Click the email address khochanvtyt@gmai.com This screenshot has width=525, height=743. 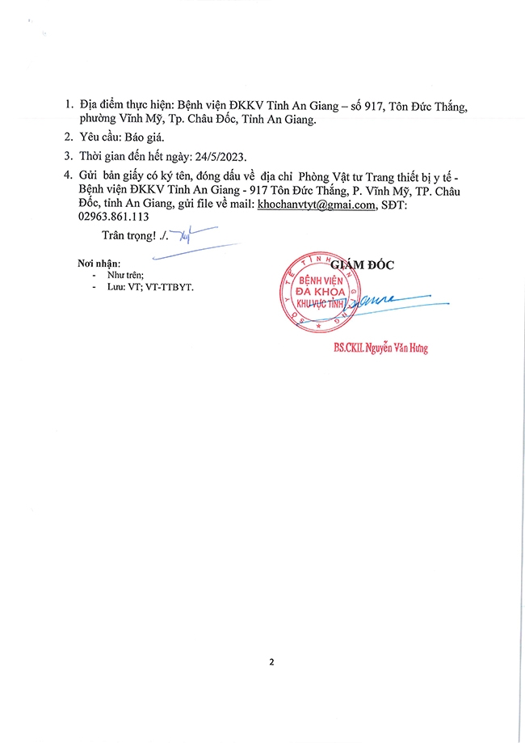pyautogui.click(x=316, y=206)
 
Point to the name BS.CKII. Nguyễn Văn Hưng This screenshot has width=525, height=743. pyautogui.click(x=380, y=348)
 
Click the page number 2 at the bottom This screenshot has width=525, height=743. pyautogui.click(x=271, y=662)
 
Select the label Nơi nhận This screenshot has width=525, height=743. pyautogui.click(x=99, y=264)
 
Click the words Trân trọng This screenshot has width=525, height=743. pyautogui.click(x=128, y=235)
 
